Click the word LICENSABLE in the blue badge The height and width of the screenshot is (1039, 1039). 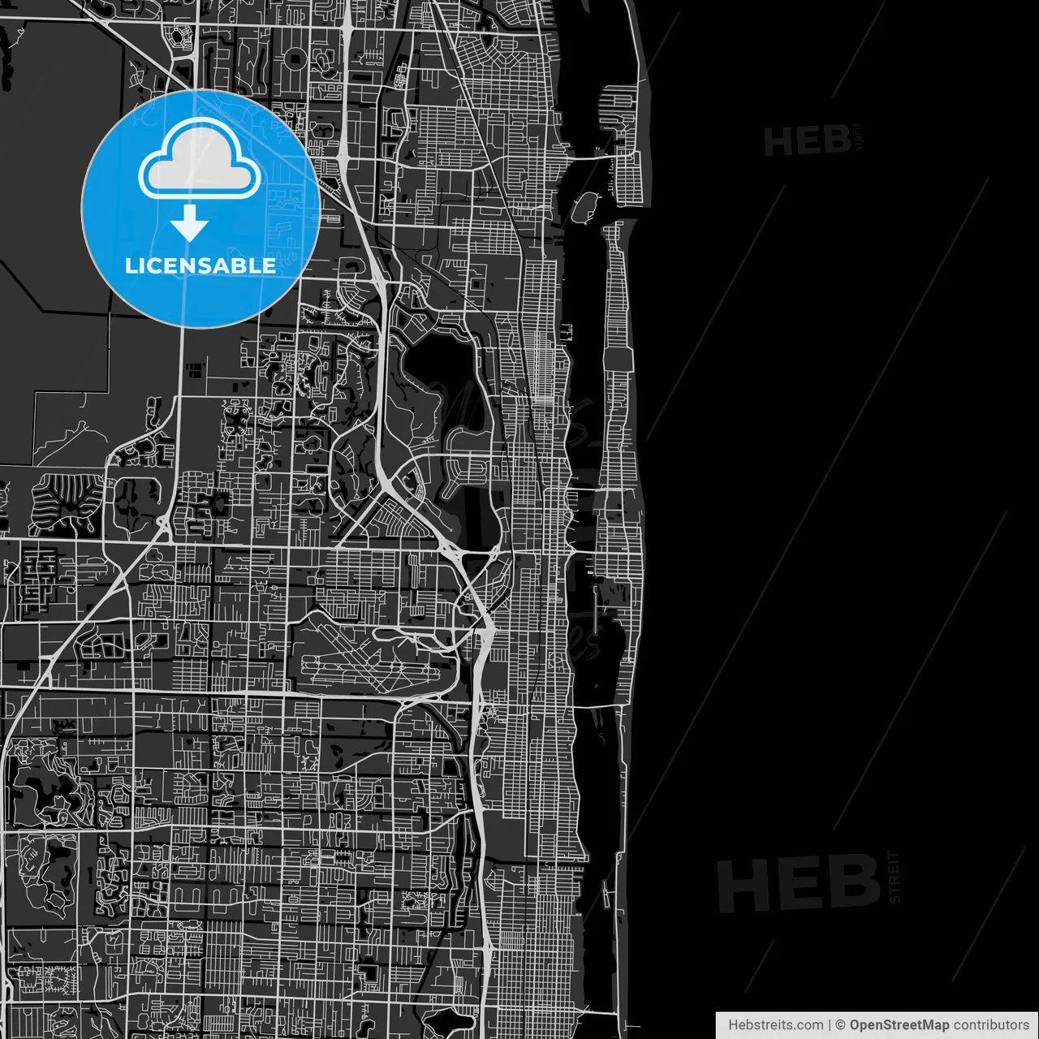[200, 265]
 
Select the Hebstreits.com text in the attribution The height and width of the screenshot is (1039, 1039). [775, 1025]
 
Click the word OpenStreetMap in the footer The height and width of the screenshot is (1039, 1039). [899, 1025]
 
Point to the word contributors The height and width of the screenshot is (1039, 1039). [991, 1025]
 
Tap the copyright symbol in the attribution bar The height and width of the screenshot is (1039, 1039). [841, 1025]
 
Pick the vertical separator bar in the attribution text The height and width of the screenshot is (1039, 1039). [829, 1025]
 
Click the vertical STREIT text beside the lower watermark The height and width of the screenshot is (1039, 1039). [895, 877]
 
